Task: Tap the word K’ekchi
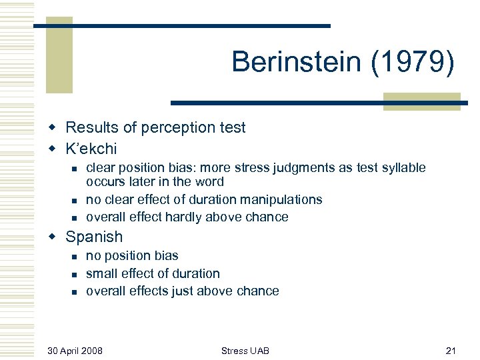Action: (x=91, y=148)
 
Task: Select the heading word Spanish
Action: (x=94, y=237)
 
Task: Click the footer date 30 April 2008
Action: (x=75, y=350)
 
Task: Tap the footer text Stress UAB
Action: (x=244, y=350)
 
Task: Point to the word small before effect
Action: (x=101, y=273)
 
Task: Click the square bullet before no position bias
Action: (x=76, y=257)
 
